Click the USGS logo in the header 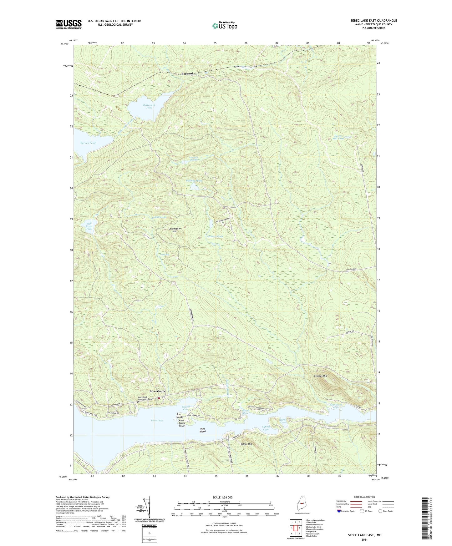(x=69, y=24)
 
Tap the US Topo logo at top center (x=224, y=26)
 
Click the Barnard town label (x=188, y=74)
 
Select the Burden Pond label (x=88, y=143)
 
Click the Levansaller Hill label (x=175, y=230)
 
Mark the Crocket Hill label (x=320, y=376)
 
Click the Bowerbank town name (x=157, y=391)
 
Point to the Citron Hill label (x=246, y=444)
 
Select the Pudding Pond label (x=194, y=181)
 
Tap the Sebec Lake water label (x=157, y=421)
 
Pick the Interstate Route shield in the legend (x=339, y=511)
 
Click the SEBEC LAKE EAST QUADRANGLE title (x=373, y=21)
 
